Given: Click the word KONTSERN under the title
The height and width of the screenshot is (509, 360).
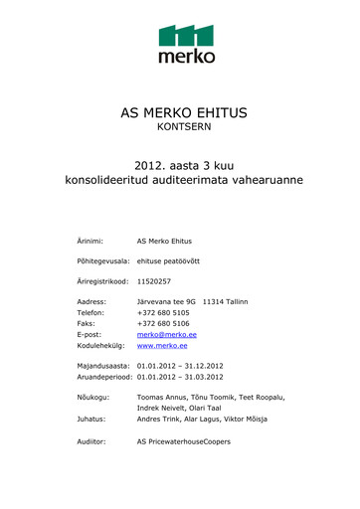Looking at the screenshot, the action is [x=180, y=128].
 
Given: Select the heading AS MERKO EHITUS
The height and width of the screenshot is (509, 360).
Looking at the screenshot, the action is [x=180, y=112].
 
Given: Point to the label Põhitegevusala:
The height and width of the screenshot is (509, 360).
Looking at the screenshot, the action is [x=104, y=260].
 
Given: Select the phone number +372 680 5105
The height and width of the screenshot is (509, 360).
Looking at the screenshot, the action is [x=163, y=312].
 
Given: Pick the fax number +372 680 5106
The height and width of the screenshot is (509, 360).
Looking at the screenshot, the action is [x=163, y=323].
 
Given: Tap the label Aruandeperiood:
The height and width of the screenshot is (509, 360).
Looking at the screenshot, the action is [x=104, y=377].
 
